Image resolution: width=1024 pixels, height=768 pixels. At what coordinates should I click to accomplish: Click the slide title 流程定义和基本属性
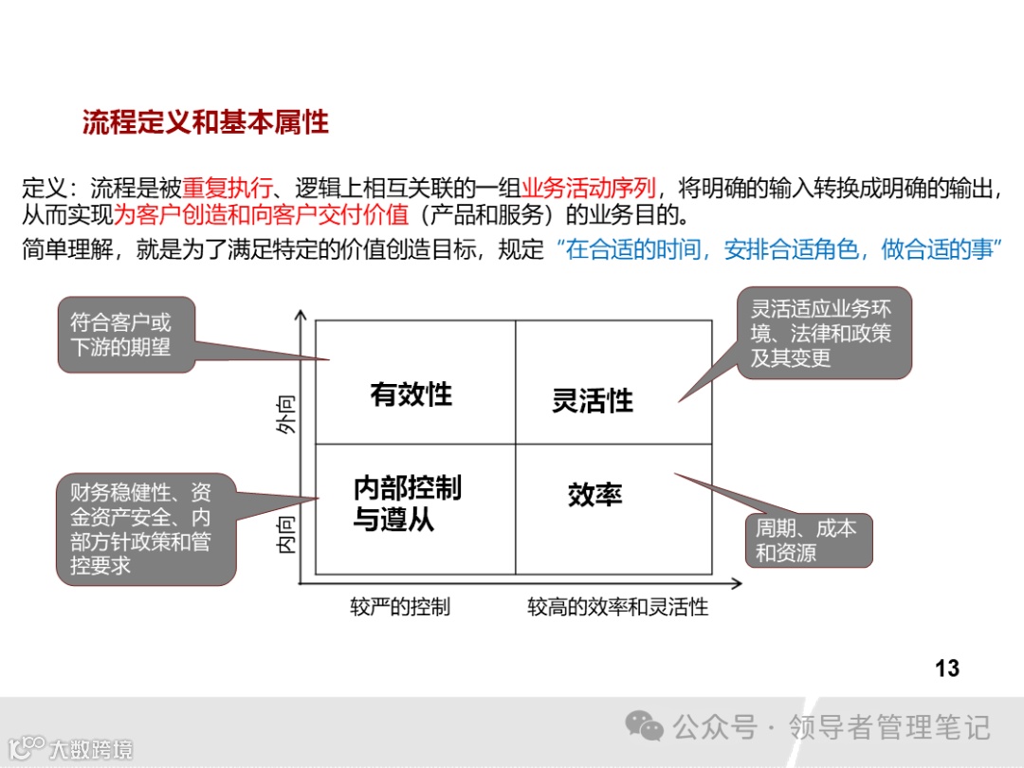tap(205, 122)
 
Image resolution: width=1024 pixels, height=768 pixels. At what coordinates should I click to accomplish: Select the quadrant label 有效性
tap(411, 394)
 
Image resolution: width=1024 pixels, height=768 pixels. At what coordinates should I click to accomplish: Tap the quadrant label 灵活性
tap(593, 401)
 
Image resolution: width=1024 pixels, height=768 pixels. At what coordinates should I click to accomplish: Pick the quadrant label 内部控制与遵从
tap(407, 503)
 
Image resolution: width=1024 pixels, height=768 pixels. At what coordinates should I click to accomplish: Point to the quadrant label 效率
tap(594, 495)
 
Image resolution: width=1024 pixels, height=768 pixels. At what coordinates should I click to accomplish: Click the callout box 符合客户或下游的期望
tap(127, 335)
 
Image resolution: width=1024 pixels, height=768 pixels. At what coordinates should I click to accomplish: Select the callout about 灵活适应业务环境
tap(823, 333)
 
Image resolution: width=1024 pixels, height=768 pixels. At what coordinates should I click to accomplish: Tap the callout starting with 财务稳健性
tap(145, 529)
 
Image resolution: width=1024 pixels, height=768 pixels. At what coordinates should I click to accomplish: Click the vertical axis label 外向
tap(287, 414)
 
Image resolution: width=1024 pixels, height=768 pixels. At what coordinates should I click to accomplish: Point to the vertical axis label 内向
tap(287, 534)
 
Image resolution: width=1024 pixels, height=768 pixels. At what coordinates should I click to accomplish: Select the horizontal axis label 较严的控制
tap(400, 607)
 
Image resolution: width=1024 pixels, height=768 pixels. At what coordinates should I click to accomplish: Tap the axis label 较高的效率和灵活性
tap(618, 607)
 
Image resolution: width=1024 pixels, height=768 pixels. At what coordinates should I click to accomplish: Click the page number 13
tap(946, 668)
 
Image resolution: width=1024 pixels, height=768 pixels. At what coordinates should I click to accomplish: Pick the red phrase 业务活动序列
tap(588, 187)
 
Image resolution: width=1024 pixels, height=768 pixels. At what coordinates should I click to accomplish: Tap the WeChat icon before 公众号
tap(644, 727)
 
